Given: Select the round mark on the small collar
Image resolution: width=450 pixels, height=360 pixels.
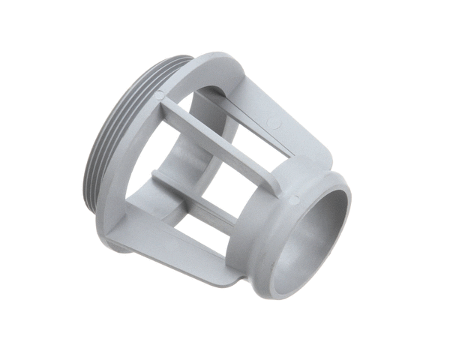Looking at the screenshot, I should pos(293,199).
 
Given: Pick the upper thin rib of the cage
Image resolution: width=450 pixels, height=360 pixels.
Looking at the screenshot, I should pos(225,132).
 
